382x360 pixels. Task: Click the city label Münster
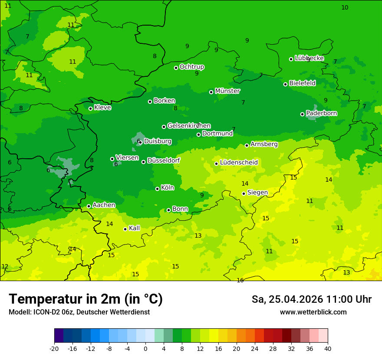[227, 91]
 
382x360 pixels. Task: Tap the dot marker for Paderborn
[303, 114]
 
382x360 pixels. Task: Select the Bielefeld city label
[302, 83]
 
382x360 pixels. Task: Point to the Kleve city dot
[91, 108]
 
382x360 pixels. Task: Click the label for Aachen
[104, 205]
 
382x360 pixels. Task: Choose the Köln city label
[167, 188]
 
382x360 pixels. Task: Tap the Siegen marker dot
[244, 193]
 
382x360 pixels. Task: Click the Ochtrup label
[191, 67]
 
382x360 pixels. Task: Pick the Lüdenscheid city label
[239, 163]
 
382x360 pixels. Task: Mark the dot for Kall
[125, 229]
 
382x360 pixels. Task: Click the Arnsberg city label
[264, 144]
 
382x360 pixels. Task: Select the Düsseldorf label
[163, 160]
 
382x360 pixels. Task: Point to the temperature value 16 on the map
[240, 280]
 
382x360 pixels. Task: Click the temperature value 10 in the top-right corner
[345, 7]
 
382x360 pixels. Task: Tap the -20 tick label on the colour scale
[54, 348]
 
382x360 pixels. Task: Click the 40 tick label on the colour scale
[328, 348]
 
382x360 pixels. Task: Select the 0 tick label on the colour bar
[145, 348]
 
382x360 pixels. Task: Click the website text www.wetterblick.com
[313, 312]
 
